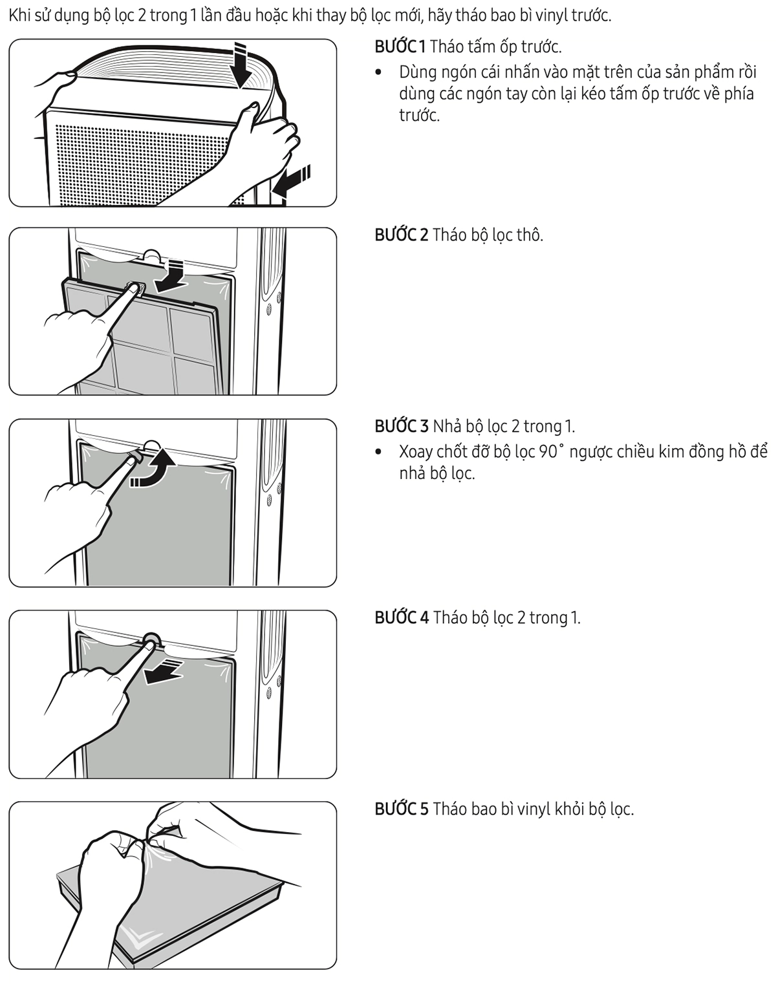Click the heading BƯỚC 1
click(400, 47)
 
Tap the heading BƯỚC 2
click(402, 235)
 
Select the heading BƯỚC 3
click(402, 426)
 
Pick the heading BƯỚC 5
click(402, 809)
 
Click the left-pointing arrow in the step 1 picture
click(291, 181)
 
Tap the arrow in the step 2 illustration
click(171, 276)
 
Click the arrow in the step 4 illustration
click(164, 672)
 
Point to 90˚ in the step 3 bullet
click(551, 452)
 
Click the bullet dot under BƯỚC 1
click(378, 72)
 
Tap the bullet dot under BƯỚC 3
click(378, 452)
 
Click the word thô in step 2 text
click(530, 235)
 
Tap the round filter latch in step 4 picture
click(151, 640)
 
